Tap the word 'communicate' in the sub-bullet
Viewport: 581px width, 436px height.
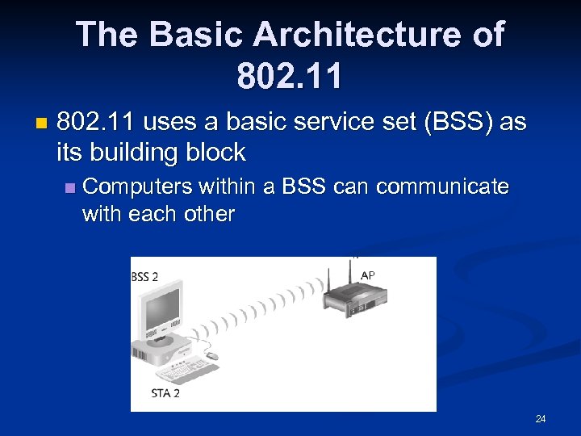click(x=442, y=187)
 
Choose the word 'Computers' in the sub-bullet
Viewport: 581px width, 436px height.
click(x=138, y=187)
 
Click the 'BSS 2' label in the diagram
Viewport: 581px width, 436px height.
click(x=145, y=277)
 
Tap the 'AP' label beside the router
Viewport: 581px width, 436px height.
click(x=368, y=275)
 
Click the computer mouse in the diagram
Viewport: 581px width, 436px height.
click(x=212, y=355)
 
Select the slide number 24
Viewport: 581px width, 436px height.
click(x=541, y=419)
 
